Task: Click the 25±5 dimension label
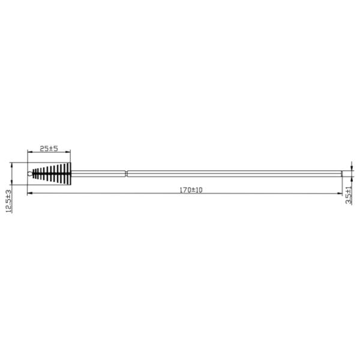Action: [49, 148]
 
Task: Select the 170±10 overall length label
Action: [191, 190]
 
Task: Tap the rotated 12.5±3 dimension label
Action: [8, 201]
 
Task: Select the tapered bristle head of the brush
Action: [52, 173]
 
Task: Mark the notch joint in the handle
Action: [127, 174]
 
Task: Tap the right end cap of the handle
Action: [343, 174]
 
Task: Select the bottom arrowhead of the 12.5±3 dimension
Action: [12, 182]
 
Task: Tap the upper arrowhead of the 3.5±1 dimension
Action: [352, 169]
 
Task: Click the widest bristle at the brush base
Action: [69, 173]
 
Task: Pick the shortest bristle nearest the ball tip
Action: [33, 174]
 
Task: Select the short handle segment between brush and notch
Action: [99, 174]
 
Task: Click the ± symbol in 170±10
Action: [191, 190]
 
